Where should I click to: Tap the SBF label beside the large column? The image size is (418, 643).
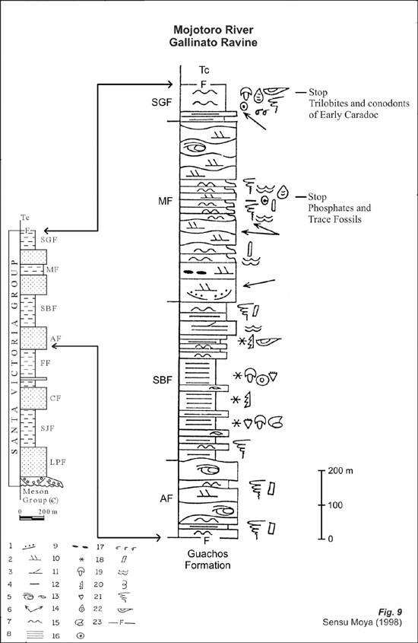(162, 380)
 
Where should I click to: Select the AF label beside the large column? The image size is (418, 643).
(166, 498)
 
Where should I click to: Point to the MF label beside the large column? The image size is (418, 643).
(166, 201)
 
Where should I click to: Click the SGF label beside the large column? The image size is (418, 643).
(161, 103)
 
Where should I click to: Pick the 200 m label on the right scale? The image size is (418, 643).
(340, 470)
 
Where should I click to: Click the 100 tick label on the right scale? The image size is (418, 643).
(335, 505)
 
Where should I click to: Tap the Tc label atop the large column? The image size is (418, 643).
(204, 70)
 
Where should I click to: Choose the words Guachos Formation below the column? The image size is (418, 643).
(207, 559)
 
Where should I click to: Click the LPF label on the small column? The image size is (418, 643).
(58, 462)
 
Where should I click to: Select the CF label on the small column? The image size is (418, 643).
(55, 398)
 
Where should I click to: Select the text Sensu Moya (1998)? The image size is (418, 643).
(363, 622)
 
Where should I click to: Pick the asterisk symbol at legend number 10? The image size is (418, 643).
(81, 559)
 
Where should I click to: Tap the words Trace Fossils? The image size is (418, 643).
(334, 219)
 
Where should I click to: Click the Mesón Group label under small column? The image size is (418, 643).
(35, 495)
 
